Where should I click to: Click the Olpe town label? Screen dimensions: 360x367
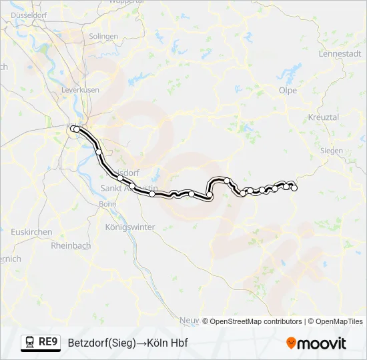(x=288, y=91)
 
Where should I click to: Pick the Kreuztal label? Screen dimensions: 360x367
(x=324, y=117)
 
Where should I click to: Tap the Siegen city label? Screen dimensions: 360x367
(x=331, y=151)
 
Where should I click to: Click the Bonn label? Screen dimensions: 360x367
(x=107, y=204)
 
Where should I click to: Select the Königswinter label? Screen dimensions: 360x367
(x=130, y=227)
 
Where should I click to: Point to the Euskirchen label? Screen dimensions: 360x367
(x=31, y=232)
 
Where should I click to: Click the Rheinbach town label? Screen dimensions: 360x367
(x=71, y=245)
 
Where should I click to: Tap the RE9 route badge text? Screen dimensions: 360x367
(x=48, y=342)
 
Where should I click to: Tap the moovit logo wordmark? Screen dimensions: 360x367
(x=322, y=343)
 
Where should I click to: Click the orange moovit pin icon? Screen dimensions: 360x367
(x=291, y=343)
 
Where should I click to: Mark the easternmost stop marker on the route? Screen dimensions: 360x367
(x=294, y=188)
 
